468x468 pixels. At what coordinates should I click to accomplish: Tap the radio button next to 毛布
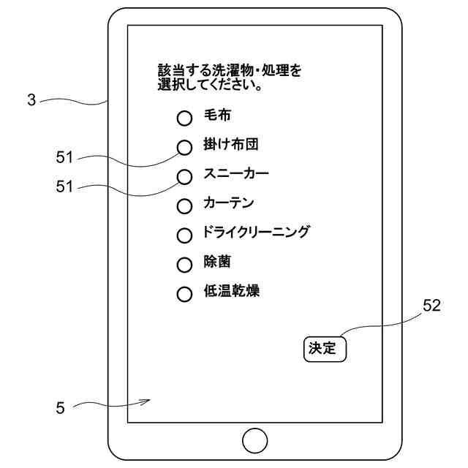pos(185,117)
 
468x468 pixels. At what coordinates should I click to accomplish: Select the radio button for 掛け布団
pos(185,146)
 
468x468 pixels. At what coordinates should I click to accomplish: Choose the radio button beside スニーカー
pos(185,176)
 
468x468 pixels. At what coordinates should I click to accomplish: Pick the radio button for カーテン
pos(185,205)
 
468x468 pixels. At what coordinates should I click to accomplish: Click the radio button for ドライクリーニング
pos(185,235)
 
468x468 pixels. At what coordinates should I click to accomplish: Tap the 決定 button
pos(324,349)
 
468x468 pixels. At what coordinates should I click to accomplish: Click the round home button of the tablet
pos(254,441)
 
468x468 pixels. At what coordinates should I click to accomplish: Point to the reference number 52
pos(431,307)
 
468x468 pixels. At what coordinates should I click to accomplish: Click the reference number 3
pos(31,101)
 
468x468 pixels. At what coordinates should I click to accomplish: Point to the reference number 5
pos(60,408)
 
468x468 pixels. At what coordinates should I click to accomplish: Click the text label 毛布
pos(217,116)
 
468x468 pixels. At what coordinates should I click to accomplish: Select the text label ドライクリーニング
pos(256,233)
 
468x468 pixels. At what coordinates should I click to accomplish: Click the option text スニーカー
pos(236,175)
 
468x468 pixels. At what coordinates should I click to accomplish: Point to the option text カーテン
pos(228,204)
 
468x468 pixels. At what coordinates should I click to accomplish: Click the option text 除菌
pos(217,263)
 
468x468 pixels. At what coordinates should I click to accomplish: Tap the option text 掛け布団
pos(230,145)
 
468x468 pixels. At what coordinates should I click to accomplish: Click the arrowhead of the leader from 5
pos(148,400)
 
